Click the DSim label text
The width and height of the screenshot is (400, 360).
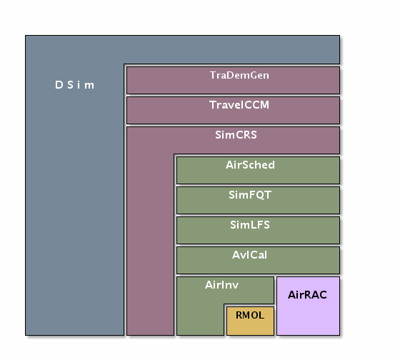(74, 85)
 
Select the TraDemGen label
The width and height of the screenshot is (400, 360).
(239, 75)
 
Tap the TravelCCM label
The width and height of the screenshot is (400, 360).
(239, 105)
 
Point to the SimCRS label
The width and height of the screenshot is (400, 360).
(236, 135)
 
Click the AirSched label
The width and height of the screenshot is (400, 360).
(250, 165)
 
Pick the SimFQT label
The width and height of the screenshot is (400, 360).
(250, 195)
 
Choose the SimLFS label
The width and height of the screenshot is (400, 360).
(250, 225)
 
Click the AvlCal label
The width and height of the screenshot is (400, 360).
(249, 255)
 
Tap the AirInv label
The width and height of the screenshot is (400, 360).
(221, 285)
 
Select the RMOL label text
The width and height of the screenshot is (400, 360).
(250, 315)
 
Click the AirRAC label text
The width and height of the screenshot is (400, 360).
(307, 295)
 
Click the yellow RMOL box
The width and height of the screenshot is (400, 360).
(250, 321)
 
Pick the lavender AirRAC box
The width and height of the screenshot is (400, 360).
(308, 306)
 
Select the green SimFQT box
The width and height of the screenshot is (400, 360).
(258, 200)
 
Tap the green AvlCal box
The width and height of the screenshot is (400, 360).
(258, 260)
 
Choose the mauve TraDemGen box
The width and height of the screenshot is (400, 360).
(233, 81)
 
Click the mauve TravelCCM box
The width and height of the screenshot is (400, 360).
(233, 110)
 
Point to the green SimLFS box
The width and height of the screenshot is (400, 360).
(258, 231)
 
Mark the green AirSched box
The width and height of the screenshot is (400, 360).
(258, 170)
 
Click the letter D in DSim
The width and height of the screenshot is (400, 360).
(59, 85)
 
